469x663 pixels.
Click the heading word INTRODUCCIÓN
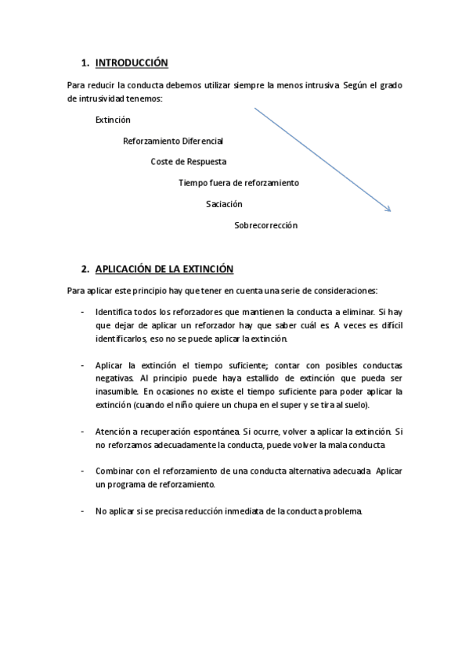pyautogui.click(x=132, y=63)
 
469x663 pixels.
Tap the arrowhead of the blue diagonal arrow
pyautogui.click(x=388, y=209)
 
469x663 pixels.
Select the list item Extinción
pyautogui.click(x=113, y=120)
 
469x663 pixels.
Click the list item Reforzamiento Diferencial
pyautogui.click(x=173, y=141)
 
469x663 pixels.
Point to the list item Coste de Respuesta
pyautogui.click(x=189, y=162)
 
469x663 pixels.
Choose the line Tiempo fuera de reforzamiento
pyautogui.click(x=239, y=183)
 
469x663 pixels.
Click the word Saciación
pyautogui.click(x=224, y=204)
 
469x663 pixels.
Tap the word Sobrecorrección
pyautogui.click(x=265, y=225)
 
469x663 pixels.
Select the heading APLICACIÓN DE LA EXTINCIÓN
pyautogui.click(x=164, y=269)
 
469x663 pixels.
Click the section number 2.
pyautogui.click(x=85, y=269)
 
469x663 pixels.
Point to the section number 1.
pyautogui.click(x=85, y=63)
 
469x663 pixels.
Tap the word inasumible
pyautogui.click(x=117, y=391)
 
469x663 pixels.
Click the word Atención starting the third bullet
pyautogui.click(x=113, y=432)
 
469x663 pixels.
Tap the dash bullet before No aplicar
pyautogui.click(x=83, y=511)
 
